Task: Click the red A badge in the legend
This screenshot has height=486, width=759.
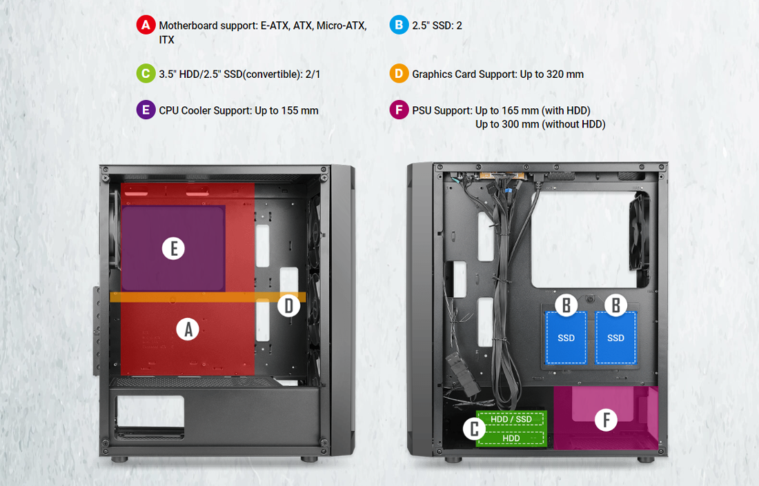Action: pyautogui.click(x=146, y=26)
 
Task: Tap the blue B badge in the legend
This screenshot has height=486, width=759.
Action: pyautogui.click(x=399, y=26)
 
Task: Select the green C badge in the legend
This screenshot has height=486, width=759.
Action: pyautogui.click(x=146, y=74)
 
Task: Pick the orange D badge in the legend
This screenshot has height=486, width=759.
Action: pyautogui.click(x=399, y=74)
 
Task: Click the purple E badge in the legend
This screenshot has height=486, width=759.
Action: pyautogui.click(x=146, y=110)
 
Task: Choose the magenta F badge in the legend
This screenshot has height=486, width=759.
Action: pyautogui.click(x=399, y=110)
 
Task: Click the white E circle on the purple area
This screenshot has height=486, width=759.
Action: pyautogui.click(x=173, y=248)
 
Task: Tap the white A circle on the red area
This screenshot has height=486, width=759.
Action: pyautogui.click(x=187, y=330)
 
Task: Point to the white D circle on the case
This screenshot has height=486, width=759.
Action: pyautogui.click(x=288, y=305)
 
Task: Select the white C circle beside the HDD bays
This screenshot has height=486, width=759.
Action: pyautogui.click(x=473, y=429)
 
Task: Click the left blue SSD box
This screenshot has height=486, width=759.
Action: pyautogui.click(x=566, y=338)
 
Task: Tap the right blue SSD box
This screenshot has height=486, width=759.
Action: pyautogui.click(x=615, y=338)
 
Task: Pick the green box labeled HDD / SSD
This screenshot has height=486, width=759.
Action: pyautogui.click(x=511, y=419)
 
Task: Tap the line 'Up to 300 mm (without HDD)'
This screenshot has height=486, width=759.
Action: pyautogui.click(x=540, y=124)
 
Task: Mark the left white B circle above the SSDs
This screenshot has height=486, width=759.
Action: pyautogui.click(x=566, y=305)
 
